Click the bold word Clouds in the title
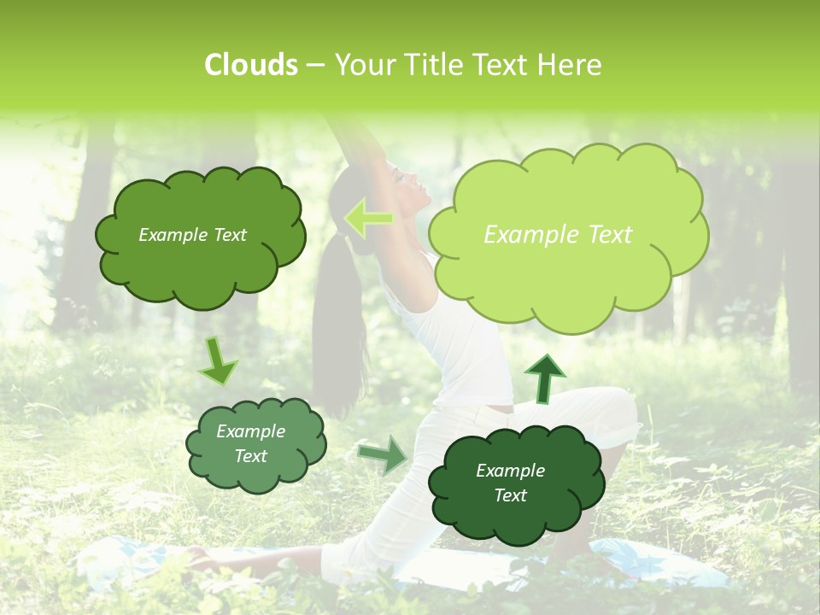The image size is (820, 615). [251, 65]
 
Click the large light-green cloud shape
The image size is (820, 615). [567, 235]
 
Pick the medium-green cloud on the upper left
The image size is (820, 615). [200, 236]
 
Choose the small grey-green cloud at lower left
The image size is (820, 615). [255, 444]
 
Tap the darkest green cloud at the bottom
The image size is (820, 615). [510, 483]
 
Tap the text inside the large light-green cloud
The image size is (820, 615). [558, 235]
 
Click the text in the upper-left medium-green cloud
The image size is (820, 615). [192, 235]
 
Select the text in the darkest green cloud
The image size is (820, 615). [510, 483]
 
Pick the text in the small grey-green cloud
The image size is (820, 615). [250, 443]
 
